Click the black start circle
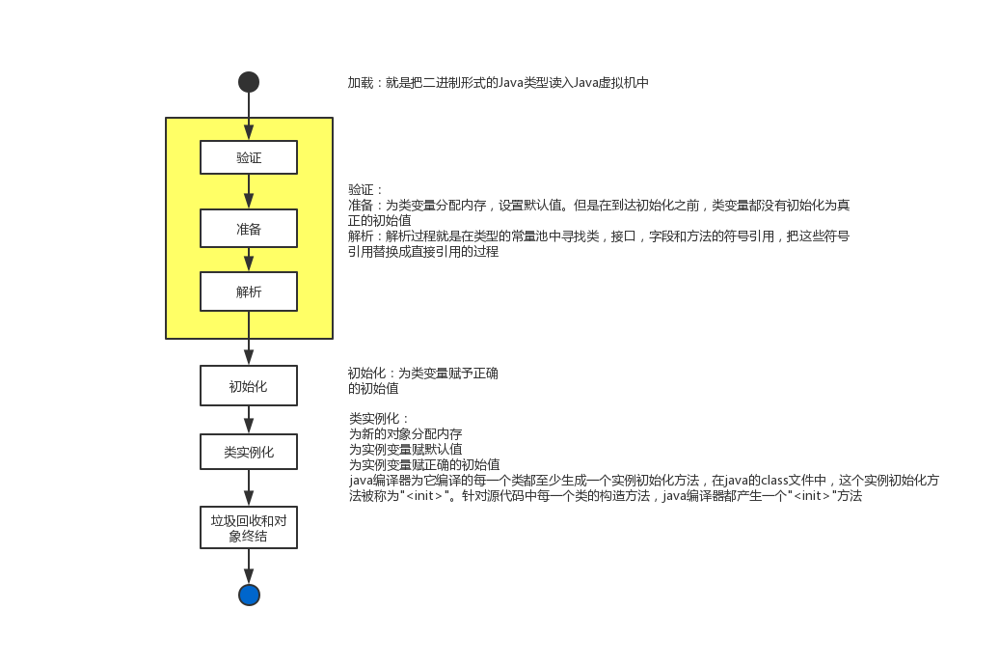point(249,82)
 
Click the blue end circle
point(249,595)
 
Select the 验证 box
point(249,157)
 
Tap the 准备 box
point(249,228)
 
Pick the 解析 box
point(249,291)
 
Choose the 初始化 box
point(249,386)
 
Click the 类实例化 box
point(249,452)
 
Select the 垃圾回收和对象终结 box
point(249,528)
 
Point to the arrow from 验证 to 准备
point(249,191)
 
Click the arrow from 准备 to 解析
point(249,260)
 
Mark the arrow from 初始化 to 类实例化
point(249,420)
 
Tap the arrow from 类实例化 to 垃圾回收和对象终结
point(249,487)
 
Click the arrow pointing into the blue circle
point(249,567)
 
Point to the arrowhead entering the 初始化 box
point(249,358)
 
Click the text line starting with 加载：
point(499,82)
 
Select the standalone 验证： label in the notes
point(365,189)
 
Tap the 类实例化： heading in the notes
point(379,418)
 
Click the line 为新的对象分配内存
point(405,433)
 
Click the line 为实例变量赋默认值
point(405,449)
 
